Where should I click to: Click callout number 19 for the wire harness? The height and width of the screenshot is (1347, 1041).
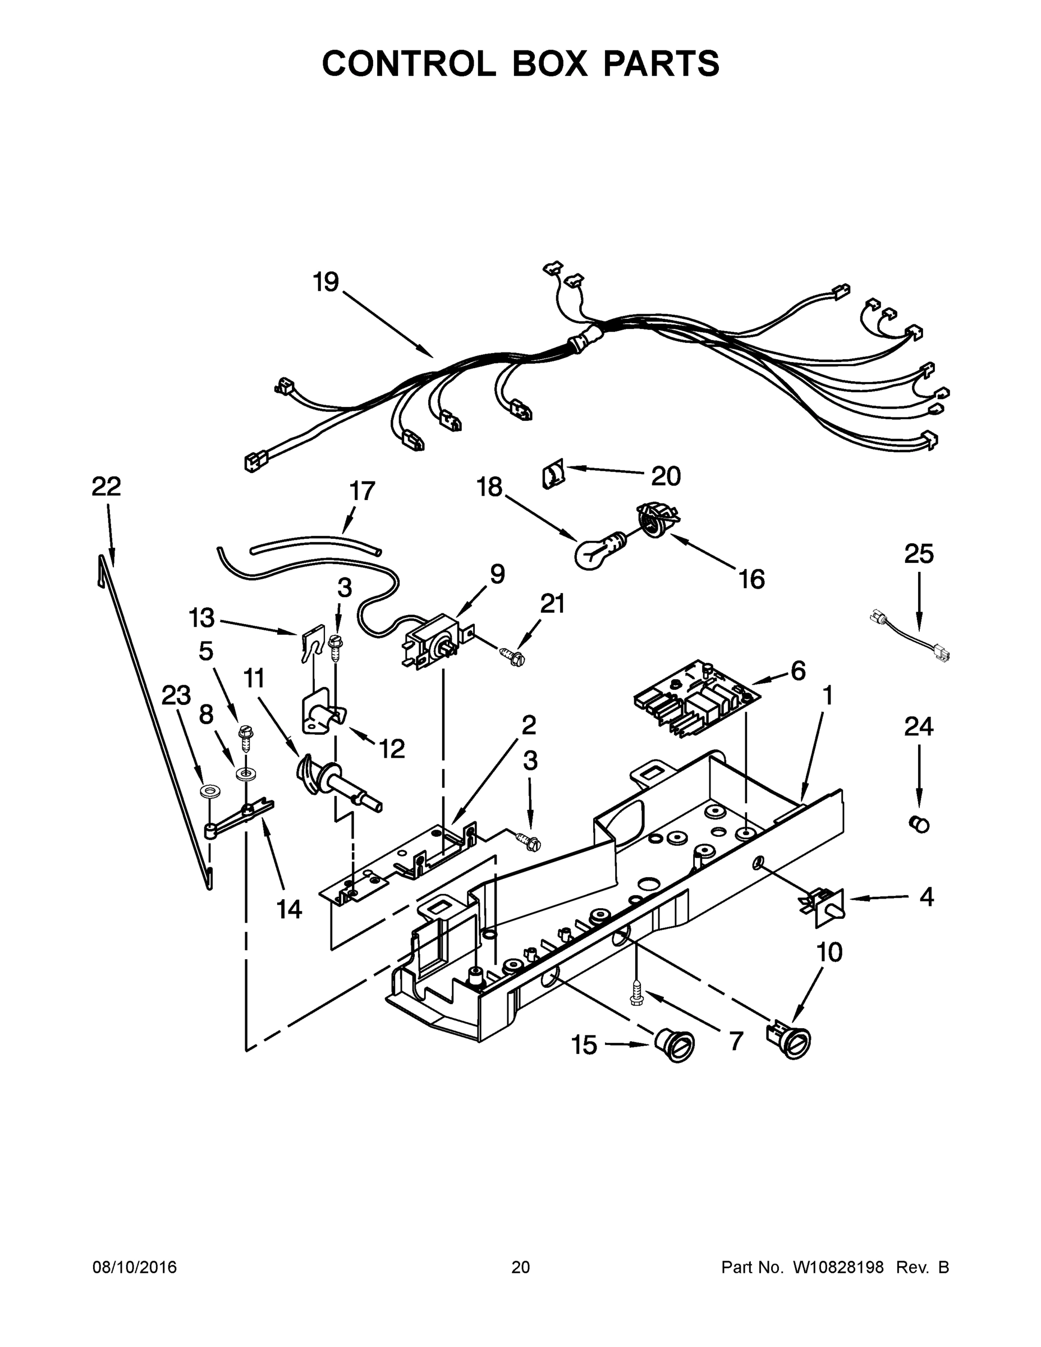[x=325, y=282]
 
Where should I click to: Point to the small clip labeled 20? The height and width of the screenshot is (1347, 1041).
[x=553, y=475]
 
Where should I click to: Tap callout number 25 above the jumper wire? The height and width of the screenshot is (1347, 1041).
[x=918, y=554]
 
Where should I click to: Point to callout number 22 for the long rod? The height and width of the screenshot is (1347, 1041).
[x=106, y=487]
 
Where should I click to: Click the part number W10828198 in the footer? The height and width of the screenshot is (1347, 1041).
[x=837, y=1267]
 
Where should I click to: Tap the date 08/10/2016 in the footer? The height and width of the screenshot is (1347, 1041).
[x=135, y=1267]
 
